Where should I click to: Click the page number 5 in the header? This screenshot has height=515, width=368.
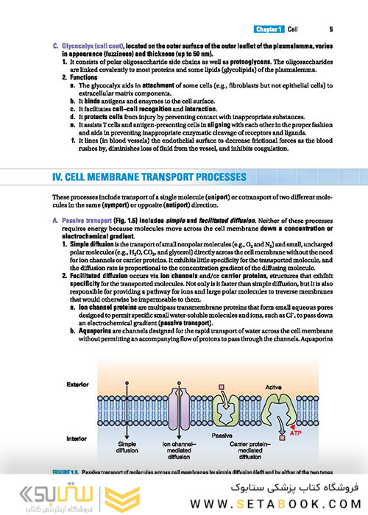click(x=331, y=29)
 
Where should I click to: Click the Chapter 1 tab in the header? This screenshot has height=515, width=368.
click(x=271, y=29)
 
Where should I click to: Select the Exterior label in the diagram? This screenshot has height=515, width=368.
click(x=77, y=385)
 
